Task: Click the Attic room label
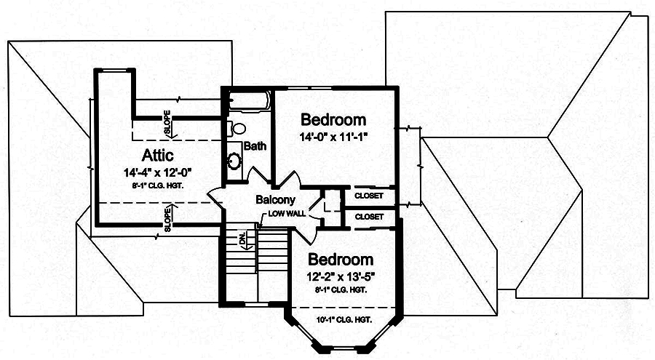coord(157,156)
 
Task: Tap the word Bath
coord(255,145)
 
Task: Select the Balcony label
coord(275,199)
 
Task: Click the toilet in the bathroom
coord(237,128)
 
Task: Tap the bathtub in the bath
coord(247,100)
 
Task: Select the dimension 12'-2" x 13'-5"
coord(341,276)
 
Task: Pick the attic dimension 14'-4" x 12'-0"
coord(157,172)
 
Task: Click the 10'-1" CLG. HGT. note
coord(344,320)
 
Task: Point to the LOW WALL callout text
coord(287,214)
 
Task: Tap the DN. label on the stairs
coord(242,239)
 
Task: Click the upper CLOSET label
coord(369,196)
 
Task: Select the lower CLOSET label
coord(369,217)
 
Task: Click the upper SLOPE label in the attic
coord(167,124)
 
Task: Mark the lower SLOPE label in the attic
coord(167,218)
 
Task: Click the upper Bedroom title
coord(333,120)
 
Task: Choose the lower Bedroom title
coord(341,260)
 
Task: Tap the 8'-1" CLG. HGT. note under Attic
coord(157,184)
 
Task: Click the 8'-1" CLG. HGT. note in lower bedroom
coord(341,289)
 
